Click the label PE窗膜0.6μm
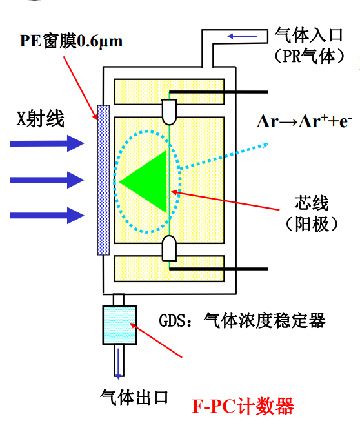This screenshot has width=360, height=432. pos(71,42)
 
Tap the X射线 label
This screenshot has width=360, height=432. pos(41,119)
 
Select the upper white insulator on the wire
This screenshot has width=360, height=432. pos(168,111)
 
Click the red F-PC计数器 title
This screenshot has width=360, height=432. pos(243,406)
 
